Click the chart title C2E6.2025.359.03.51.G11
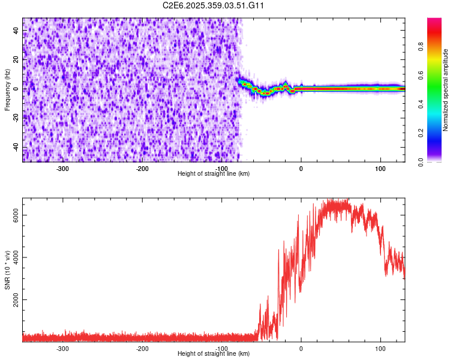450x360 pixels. coord(214,5)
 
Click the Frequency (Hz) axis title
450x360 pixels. coord(8,89)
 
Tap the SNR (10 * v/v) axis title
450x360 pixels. coord(8,269)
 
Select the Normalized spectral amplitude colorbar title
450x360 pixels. coord(446,90)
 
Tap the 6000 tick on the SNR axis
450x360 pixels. coord(16,215)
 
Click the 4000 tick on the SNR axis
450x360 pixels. coord(16,257)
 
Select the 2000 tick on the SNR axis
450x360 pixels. coord(16,300)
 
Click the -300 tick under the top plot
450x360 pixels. coord(63,169)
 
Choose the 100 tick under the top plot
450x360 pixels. coord(380,169)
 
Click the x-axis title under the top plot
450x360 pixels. coord(214,174)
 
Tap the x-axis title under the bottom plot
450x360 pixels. coord(214,354)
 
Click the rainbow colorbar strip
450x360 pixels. coord(434,90)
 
